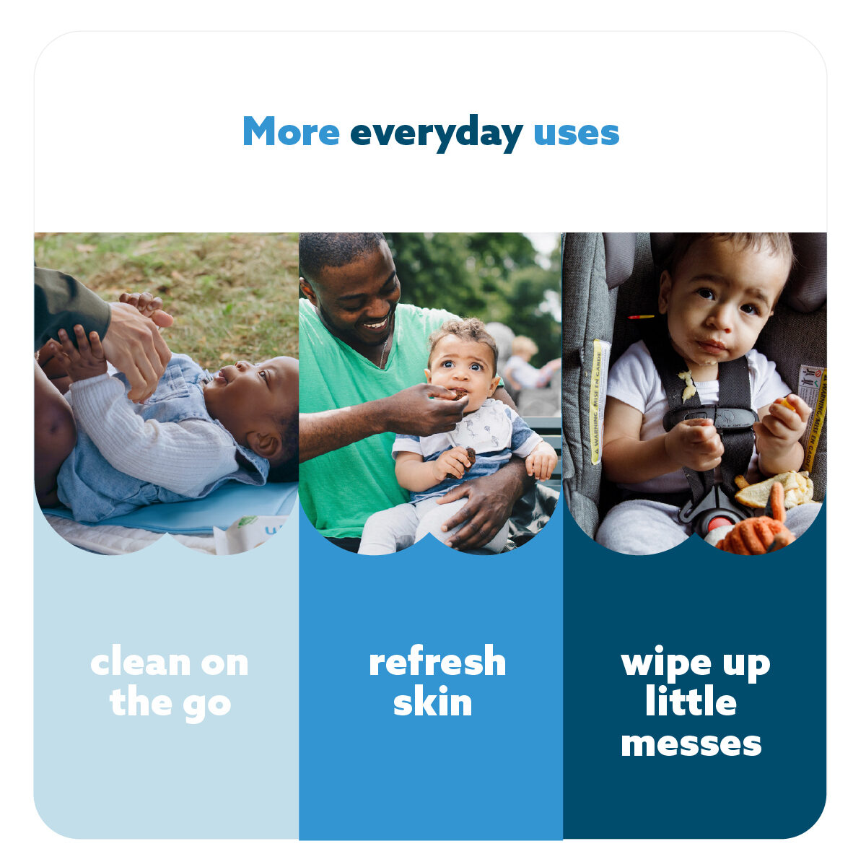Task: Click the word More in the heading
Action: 290,133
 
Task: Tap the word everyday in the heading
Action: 436,134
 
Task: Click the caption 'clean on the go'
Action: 170,683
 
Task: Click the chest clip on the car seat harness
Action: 711,417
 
